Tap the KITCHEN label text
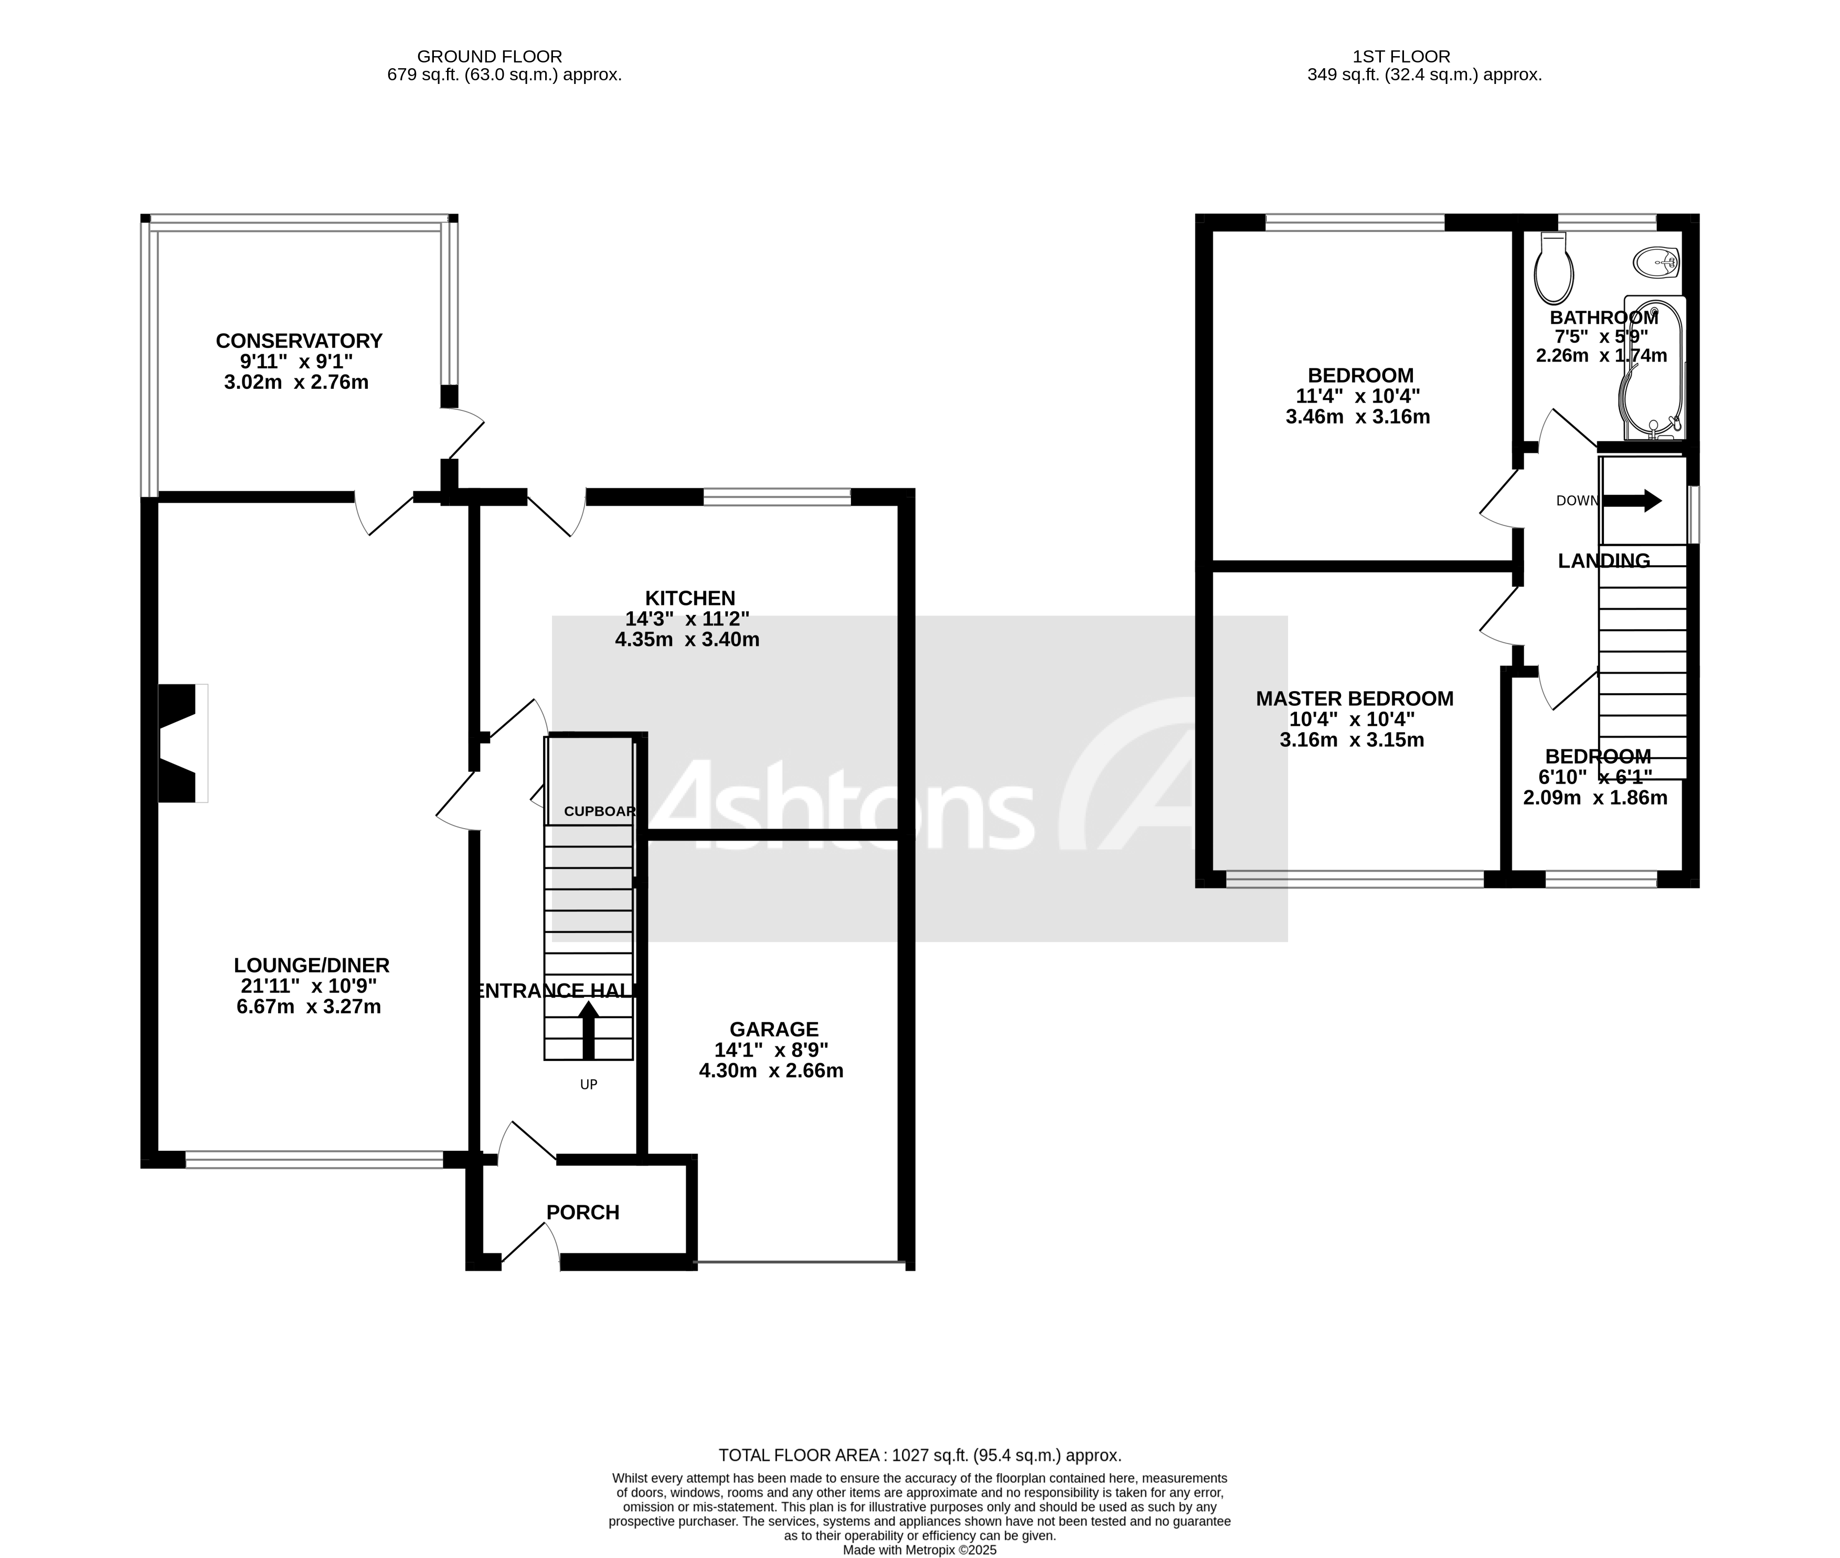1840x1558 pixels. [x=689, y=598]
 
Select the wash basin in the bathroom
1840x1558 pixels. [x=1655, y=261]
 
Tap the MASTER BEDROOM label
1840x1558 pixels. [x=1354, y=698]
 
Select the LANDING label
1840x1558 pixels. [x=1603, y=561]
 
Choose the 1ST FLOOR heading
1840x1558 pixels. [x=1401, y=57]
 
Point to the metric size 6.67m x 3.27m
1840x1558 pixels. [x=308, y=1007]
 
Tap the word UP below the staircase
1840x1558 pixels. [x=588, y=1085]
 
